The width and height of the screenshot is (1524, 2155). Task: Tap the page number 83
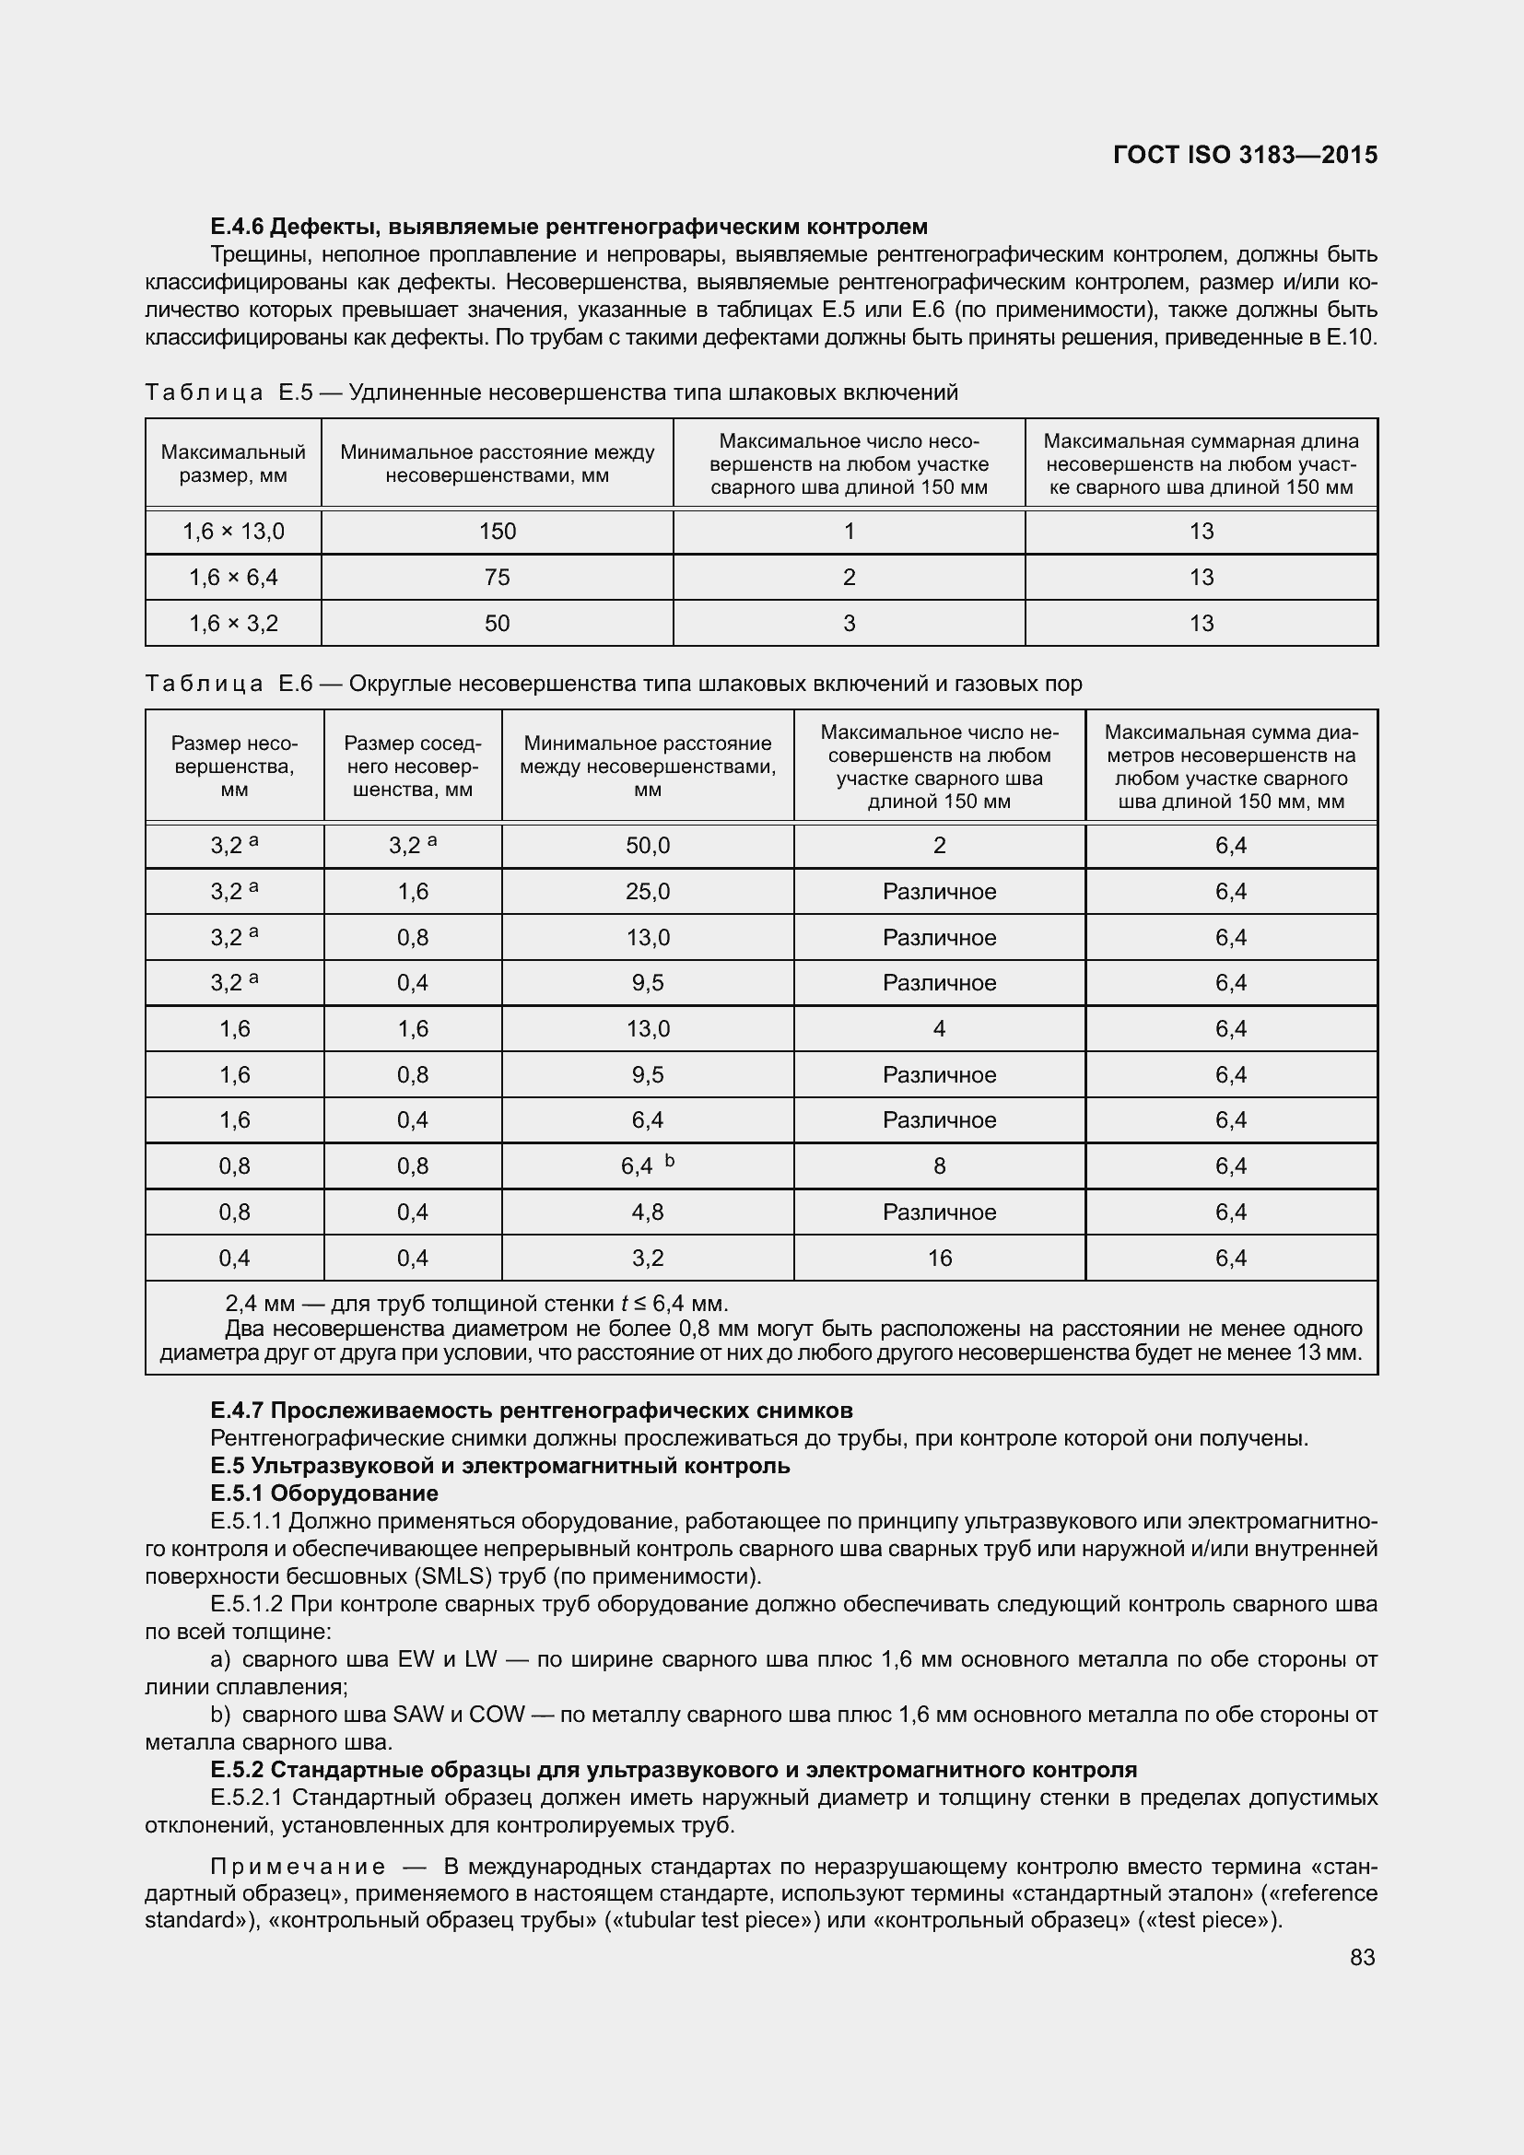[x=1363, y=1957]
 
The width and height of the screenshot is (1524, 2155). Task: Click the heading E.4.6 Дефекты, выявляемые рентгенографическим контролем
[x=569, y=227]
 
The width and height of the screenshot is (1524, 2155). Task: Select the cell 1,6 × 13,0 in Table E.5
[x=233, y=532]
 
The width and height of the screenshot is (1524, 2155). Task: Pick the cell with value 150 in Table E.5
[x=497, y=532]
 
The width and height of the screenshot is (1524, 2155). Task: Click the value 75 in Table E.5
[x=497, y=578]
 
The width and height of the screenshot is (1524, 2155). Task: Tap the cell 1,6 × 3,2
[x=233, y=623]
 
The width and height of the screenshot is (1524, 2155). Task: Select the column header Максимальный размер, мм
[x=233, y=463]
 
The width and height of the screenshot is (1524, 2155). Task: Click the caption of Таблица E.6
[x=613, y=684]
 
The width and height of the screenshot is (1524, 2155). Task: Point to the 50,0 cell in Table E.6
[x=648, y=846]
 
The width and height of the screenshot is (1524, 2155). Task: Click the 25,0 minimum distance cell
[x=648, y=892]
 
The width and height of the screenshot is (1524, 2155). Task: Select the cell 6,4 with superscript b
[x=648, y=1165]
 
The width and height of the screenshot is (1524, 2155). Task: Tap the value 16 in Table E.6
[x=939, y=1258]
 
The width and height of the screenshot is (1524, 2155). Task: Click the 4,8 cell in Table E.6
[x=648, y=1212]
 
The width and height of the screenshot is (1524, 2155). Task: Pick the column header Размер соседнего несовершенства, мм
[x=412, y=766]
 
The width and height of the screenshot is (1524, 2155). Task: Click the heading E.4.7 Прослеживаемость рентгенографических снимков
[x=531, y=1410]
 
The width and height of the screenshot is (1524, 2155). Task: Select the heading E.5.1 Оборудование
[x=323, y=1493]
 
